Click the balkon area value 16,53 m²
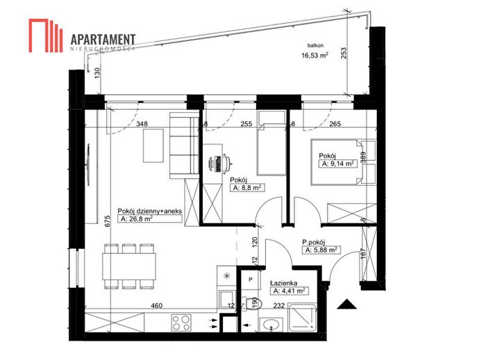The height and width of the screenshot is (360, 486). coord(315,55)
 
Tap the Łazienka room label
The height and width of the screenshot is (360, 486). coord(283,283)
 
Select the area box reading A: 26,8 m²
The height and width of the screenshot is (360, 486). coord(150,219)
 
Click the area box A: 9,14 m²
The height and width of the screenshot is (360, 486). coord(338,164)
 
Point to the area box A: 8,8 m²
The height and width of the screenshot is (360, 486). coord(247,187)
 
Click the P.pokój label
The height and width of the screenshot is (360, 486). coord(314,242)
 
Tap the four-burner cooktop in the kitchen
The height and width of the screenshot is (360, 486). coord(181,323)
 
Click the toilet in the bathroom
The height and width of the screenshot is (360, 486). coord(251,303)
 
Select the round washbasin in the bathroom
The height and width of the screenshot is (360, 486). coord(271,325)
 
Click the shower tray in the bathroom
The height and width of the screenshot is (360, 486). coord(302,318)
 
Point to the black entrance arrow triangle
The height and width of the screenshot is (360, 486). coord(347,305)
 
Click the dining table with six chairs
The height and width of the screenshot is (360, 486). coord(129,266)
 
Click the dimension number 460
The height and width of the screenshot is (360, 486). coord(156,305)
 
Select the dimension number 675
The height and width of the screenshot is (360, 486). coord(107,221)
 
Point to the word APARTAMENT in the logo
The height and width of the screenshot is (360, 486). coord(103,40)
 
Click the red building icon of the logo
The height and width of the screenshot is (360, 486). coord(46,35)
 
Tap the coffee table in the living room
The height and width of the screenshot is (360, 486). coord(153,146)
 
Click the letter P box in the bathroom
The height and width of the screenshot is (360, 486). coord(251,280)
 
